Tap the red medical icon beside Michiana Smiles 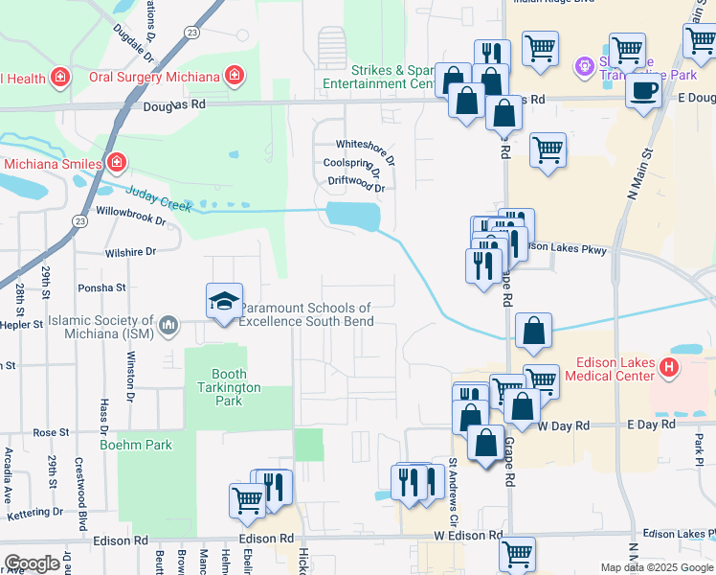117,163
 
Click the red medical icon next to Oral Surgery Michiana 232,76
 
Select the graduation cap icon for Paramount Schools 224,301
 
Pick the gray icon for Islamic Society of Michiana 168,326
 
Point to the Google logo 33,563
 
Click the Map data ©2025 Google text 657,567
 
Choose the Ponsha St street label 101,287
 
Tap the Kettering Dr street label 34,513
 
